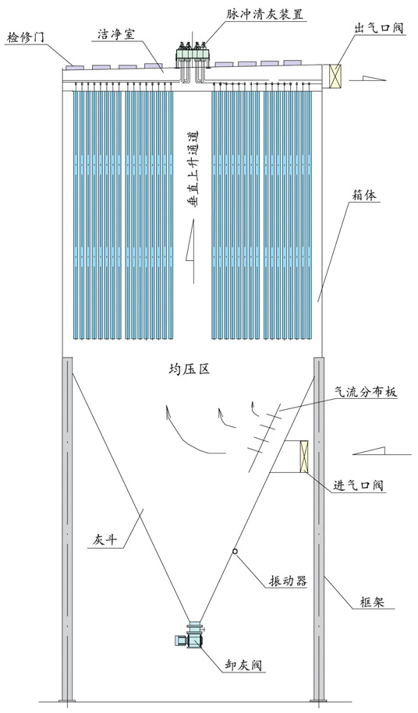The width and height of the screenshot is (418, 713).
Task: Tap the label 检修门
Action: [x=26, y=37]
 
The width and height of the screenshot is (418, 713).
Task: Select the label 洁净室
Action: [x=116, y=34]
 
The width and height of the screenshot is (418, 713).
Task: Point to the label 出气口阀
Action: [x=378, y=28]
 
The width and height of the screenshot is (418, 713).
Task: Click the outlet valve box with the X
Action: [x=335, y=76]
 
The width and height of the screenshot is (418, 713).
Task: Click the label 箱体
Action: [x=365, y=196]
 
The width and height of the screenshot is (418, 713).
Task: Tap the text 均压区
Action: [x=188, y=369]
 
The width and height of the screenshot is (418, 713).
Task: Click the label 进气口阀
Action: [x=358, y=485]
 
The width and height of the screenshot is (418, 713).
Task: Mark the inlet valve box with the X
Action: [x=303, y=456]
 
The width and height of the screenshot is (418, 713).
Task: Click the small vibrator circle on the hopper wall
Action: [x=235, y=551]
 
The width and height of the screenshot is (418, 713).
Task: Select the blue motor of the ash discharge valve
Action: [x=181, y=641]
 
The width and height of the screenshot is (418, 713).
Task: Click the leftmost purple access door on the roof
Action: [x=74, y=68]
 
